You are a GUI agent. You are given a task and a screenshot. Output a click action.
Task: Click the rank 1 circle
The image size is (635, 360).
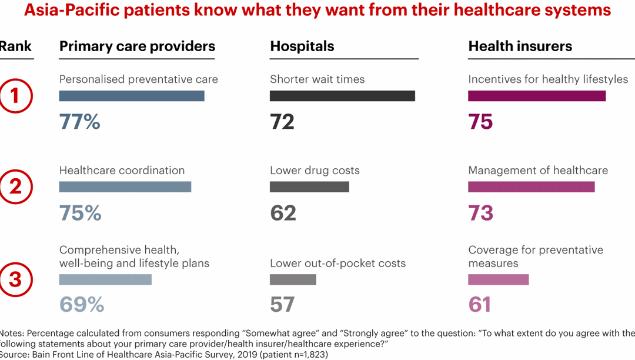(16, 96)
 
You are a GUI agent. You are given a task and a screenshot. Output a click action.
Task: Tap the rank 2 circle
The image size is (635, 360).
(16, 187)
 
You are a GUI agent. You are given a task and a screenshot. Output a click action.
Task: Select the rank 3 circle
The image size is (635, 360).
(16, 279)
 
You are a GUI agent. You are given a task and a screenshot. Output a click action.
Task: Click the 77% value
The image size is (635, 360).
(79, 122)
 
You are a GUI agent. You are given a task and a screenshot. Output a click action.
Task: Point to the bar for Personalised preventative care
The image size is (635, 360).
(132, 96)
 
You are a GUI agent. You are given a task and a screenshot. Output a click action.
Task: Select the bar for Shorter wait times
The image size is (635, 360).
(342, 96)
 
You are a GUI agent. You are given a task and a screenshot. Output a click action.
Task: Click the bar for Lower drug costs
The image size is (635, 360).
(309, 187)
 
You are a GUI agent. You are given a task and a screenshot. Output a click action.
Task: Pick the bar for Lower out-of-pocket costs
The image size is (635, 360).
(293, 279)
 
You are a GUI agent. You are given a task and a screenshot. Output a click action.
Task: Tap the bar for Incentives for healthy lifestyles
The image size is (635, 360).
(537, 96)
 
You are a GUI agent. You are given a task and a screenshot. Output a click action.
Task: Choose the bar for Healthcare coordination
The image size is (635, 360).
(125, 187)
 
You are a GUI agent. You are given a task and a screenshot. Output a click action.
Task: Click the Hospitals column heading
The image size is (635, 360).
(302, 46)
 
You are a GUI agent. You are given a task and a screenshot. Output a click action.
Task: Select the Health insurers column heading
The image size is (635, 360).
(520, 46)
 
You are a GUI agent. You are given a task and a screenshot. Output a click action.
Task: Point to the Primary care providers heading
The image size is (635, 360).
(137, 46)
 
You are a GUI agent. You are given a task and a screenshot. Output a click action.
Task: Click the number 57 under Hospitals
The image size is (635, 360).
(282, 305)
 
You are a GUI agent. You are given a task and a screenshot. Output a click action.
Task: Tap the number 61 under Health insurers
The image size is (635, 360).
(480, 305)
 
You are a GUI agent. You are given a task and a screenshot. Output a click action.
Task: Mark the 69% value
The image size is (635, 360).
(82, 305)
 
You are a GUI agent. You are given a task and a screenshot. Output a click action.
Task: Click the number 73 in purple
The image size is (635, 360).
(480, 213)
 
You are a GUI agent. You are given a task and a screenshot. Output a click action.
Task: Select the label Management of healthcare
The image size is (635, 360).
(538, 171)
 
